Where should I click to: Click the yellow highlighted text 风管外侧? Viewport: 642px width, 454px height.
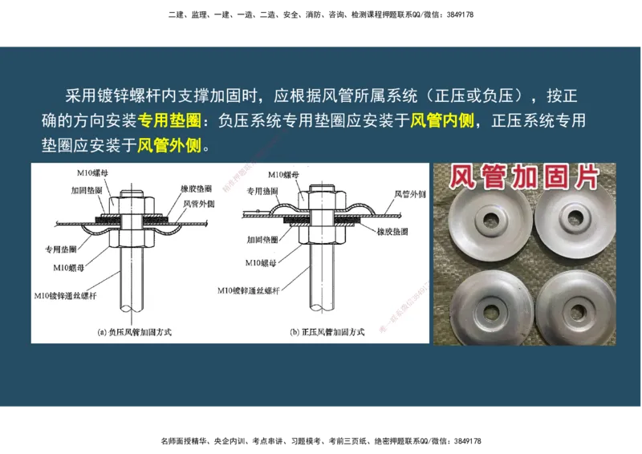(169, 146)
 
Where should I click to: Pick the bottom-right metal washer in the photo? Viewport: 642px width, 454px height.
(574, 307)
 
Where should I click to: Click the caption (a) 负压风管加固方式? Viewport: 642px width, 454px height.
(135, 331)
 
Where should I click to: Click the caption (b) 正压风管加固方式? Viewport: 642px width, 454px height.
(327, 331)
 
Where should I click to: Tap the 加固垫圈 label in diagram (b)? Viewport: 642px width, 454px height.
(262, 239)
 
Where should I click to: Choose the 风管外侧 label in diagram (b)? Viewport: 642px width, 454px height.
(409, 194)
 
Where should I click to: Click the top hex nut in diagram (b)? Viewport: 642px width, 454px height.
(319, 197)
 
